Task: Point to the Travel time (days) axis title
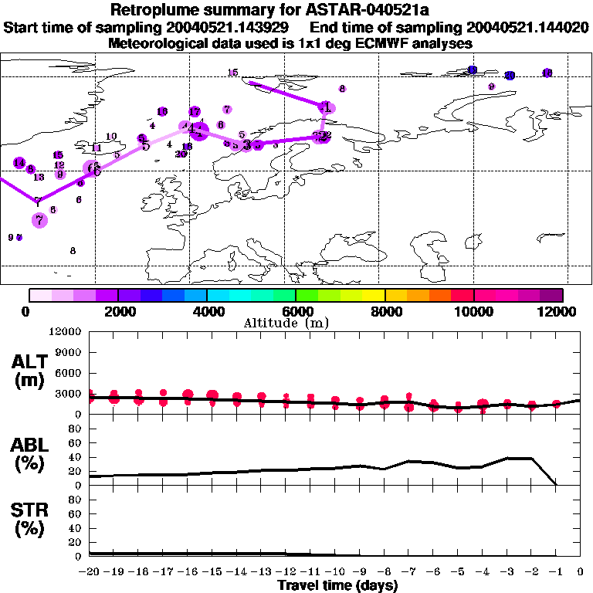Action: point(337,585)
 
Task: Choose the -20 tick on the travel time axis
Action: point(90,571)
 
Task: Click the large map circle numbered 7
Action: point(39,219)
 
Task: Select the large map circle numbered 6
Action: point(93,169)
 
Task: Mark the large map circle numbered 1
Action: point(327,107)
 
